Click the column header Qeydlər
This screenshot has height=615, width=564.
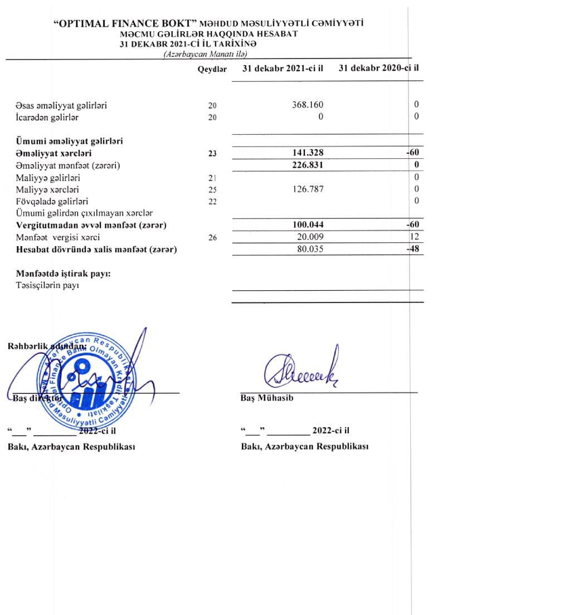click(212, 69)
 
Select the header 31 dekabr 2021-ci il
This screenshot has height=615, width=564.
click(283, 69)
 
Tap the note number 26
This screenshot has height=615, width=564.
click(212, 238)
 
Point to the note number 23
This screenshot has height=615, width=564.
click(212, 153)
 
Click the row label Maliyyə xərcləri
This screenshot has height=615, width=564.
click(47, 189)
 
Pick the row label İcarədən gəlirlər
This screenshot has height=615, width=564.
click(47, 118)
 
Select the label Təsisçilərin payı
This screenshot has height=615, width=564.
click(48, 286)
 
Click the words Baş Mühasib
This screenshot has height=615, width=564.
click(263, 398)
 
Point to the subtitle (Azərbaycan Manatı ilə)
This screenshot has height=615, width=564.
click(205, 54)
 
